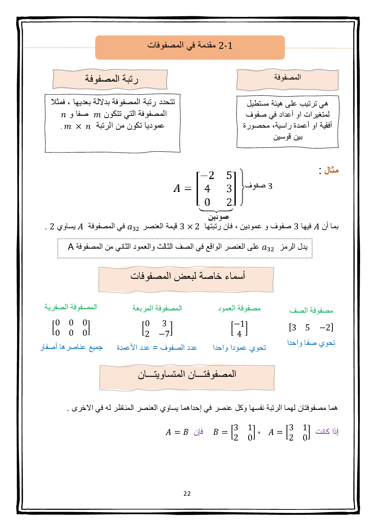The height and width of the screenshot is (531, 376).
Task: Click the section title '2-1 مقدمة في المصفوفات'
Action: click(190, 46)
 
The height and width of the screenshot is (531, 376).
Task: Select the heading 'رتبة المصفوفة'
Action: click(111, 79)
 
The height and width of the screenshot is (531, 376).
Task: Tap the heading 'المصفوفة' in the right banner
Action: click(287, 77)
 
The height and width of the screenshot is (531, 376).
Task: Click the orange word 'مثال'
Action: click(331, 170)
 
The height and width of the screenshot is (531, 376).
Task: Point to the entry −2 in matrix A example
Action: click(207, 176)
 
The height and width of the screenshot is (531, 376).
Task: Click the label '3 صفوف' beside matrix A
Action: click(259, 186)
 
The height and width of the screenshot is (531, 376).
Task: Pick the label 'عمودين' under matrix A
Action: click(219, 217)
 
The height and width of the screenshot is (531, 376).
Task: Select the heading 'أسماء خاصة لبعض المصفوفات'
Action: click(188, 276)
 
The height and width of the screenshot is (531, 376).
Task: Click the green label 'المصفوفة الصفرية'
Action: click(71, 307)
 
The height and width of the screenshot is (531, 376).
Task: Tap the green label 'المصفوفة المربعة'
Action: click(157, 308)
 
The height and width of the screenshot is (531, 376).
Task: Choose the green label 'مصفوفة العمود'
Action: click(239, 308)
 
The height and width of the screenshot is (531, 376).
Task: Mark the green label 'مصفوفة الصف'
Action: click(311, 310)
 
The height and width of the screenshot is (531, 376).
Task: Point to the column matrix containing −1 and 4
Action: click(239, 329)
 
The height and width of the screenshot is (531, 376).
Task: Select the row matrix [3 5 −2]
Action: click(311, 327)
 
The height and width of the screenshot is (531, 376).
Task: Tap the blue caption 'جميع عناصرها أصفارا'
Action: click(72, 347)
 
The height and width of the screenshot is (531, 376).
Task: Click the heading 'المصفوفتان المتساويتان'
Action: click(187, 374)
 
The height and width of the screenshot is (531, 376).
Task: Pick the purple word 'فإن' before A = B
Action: click(198, 432)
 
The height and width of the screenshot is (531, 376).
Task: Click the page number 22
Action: click(187, 494)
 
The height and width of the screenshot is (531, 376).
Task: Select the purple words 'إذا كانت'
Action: click(327, 431)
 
